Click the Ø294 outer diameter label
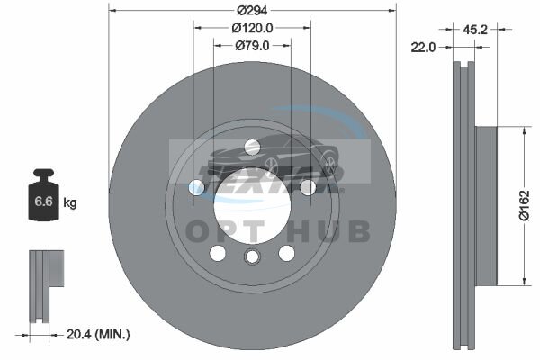252,10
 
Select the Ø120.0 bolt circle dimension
252,28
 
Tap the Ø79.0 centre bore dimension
252,46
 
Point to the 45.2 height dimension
475,30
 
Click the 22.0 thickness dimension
423,47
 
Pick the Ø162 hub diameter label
524,206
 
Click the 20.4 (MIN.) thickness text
98,334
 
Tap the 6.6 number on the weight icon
43,202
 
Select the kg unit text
70,202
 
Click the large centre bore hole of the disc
252,206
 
